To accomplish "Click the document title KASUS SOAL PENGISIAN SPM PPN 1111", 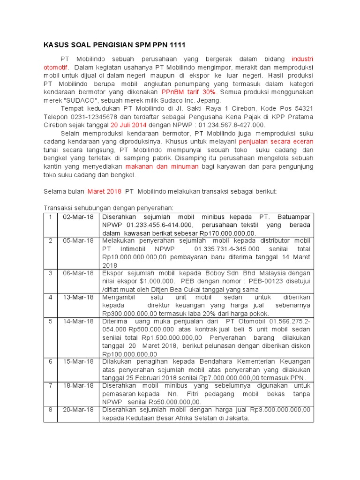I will (114, 45).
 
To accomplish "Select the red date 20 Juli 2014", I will (129, 125).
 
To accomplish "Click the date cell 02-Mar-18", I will (78, 217).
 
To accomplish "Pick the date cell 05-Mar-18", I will (78, 241).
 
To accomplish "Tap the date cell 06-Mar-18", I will (78, 273).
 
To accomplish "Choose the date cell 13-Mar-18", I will (78, 297).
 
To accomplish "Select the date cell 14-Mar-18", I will (78, 321).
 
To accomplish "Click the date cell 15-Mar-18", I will (78, 361).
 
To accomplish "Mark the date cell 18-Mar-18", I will (78, 385).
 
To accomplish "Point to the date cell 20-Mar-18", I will (78, 409).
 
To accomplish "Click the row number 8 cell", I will (50, 409).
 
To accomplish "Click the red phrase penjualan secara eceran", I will (276, 141).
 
